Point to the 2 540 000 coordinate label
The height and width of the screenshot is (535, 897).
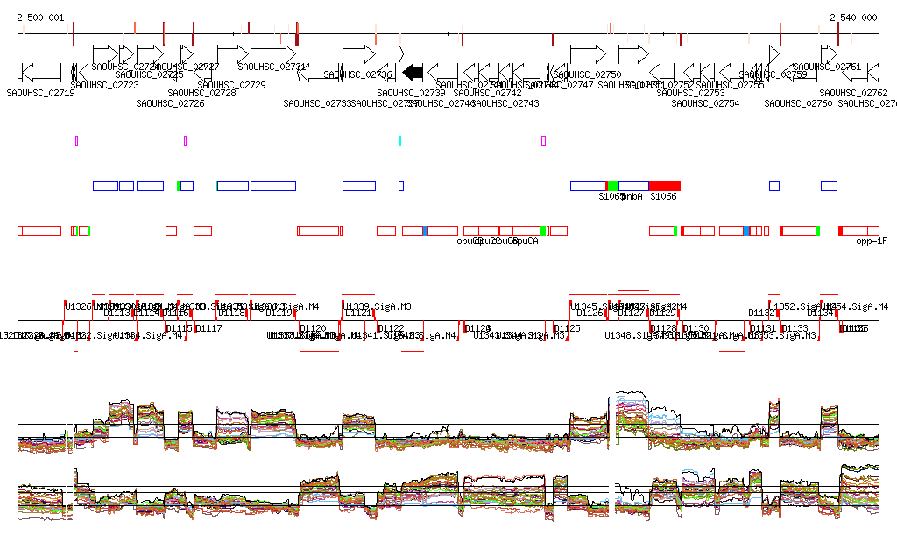[x=853, y=18]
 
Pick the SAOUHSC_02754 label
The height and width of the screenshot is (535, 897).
[x=705, y=103]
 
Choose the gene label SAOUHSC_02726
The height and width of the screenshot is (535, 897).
[x=170, y=103]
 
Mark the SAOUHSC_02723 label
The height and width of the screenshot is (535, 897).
[x=104, y=85]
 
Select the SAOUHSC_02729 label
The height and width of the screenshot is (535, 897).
[x=231, y=85]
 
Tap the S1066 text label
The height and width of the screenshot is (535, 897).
[x=663, y=196]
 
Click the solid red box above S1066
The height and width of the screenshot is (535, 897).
[x=664, y=186]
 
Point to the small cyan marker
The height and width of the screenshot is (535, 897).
[x=400, y=140]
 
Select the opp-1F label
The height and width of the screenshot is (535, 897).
[x=872, y=241]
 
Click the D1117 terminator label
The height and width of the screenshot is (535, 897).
[x=208, y=328]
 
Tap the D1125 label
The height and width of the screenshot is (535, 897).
[x=568, y=328]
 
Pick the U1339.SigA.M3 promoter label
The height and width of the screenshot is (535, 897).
[x=378, y=306]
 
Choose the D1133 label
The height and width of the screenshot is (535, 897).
[x=795, y=328]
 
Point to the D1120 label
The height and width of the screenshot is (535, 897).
[x=313, y=328]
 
